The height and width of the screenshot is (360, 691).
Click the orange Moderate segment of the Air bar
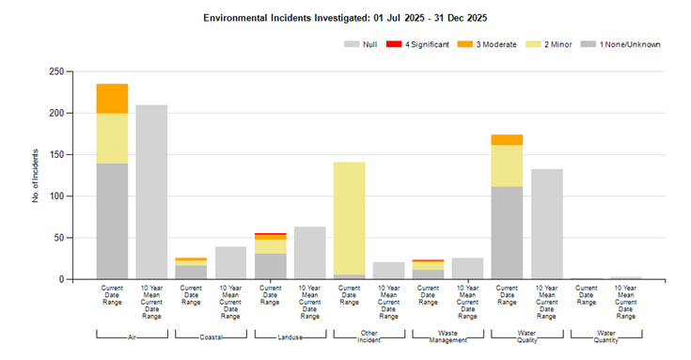(113, 99)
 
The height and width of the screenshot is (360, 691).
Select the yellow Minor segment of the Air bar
(113, 138)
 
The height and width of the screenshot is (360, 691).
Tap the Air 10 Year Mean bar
(151, 192)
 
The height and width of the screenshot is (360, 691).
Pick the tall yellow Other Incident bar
(350, 219)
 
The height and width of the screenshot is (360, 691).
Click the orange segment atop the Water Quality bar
(507, 140)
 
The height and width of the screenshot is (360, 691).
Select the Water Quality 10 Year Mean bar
(547, 224)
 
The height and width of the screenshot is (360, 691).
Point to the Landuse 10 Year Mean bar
(310, 253)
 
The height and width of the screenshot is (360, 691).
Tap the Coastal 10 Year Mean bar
(230, 262)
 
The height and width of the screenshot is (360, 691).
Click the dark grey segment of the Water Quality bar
(507, 233)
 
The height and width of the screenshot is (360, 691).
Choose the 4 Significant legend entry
(417, 44)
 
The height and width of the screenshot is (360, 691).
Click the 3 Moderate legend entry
(487, 44)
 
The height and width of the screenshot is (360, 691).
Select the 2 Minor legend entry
(549, 44)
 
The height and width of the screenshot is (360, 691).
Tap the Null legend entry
(360, 44)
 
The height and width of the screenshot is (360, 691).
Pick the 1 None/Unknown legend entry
(620, 44)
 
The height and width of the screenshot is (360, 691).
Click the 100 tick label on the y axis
(56, 196)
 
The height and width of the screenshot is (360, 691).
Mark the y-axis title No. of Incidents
(36, 176)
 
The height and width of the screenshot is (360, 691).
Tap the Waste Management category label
(448, 337)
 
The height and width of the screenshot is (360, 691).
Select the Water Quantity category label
(606, 337)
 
